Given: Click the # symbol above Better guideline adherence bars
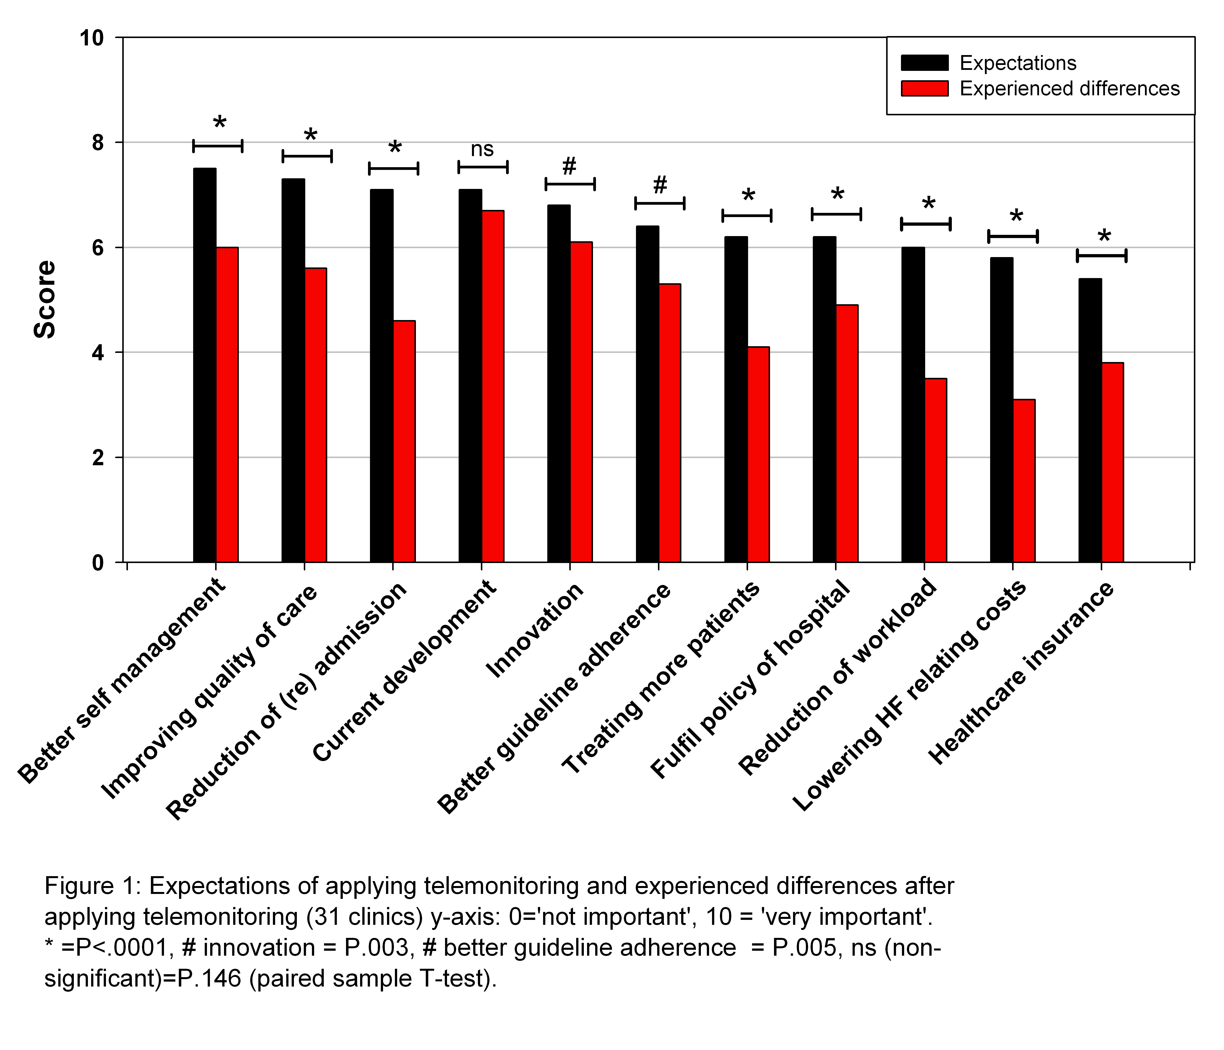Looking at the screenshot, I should [x=660, y=185].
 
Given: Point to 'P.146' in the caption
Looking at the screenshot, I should [x=210, y=979].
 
